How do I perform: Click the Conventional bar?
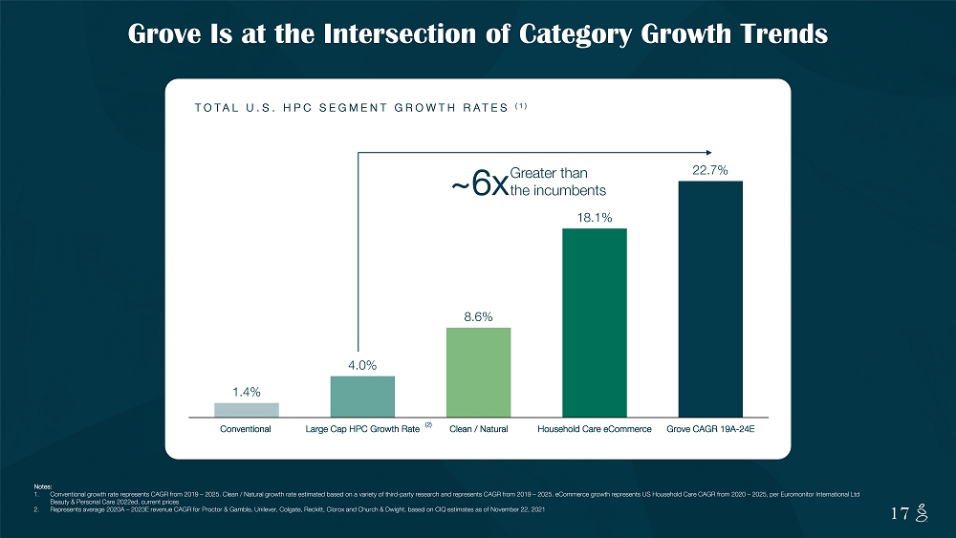[247, 409]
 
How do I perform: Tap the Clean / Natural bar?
[478, 372]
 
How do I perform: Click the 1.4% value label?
[247, 392]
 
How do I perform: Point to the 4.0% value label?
[362, 364]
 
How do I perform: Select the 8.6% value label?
[478, 316]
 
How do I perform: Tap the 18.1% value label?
[594, 217]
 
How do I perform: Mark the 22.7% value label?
[710, 170]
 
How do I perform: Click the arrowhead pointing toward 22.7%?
[707, 151]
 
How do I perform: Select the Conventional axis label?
[247, 429]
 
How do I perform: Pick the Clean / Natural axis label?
[478, 429]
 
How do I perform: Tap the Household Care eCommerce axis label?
[594, 429]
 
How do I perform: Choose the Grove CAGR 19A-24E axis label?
[710, 429]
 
